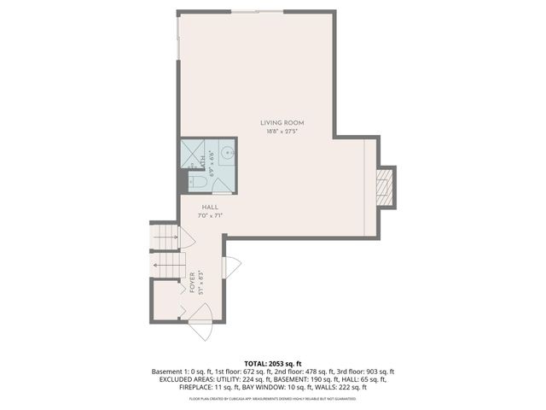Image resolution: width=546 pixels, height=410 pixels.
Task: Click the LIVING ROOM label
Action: [x=282, y=123]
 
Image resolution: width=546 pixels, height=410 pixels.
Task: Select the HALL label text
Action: [x=211, y=208]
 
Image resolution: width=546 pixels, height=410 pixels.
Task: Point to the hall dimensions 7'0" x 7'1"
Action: [x=211, y=217]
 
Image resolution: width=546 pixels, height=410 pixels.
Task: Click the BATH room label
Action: [x=201, y=157]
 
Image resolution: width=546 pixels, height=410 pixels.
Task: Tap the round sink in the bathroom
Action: [x=227, y=155]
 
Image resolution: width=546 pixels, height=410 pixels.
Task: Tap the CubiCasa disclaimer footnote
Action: [x=273, y=399]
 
